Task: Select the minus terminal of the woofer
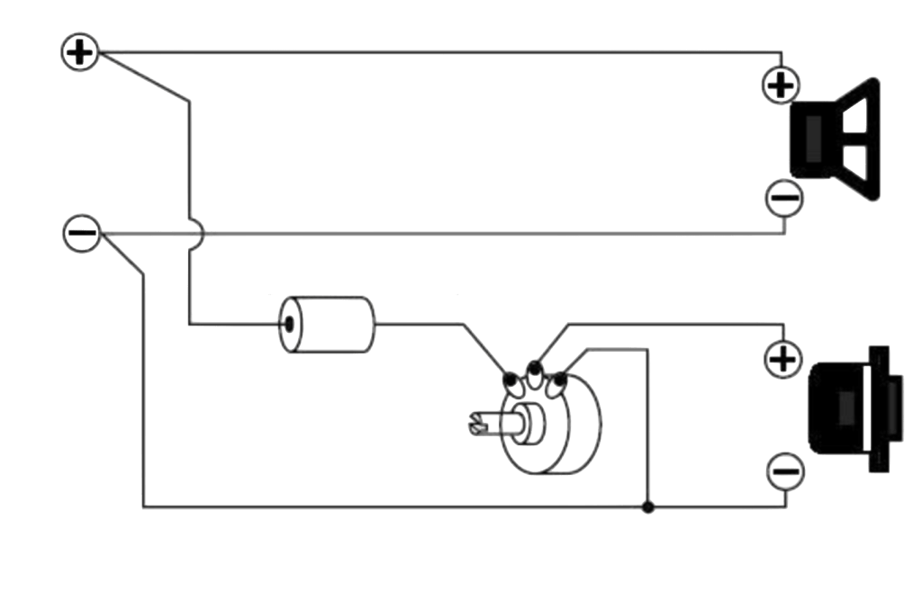(782, 197)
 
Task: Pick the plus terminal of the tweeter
(782, 360)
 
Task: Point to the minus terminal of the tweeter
(782, 470)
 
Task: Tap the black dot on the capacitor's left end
(290, 324)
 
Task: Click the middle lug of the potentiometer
(535, 368)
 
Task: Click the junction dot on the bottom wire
(646, 508)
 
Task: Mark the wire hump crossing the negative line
(198, 233)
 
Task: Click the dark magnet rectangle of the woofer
(811, 140)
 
